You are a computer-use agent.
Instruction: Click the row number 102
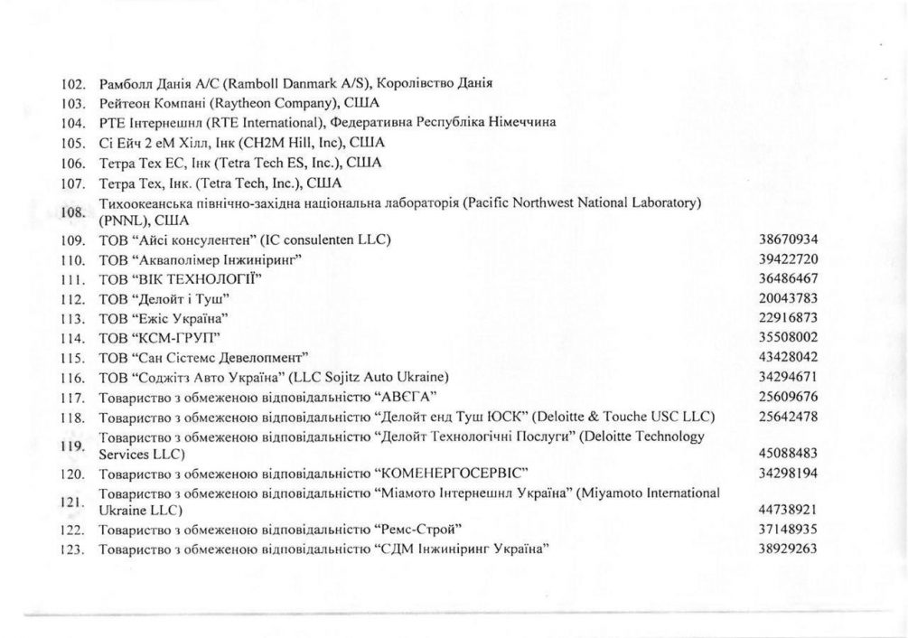coord(71,84)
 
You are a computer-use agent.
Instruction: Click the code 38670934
coord(791,239)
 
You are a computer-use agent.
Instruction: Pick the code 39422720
coord(791,259)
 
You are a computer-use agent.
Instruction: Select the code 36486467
coord(791,278)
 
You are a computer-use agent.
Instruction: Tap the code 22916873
coord(791,317)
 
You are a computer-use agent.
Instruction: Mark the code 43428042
coord(791,356)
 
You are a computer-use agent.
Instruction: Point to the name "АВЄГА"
coord(399,396)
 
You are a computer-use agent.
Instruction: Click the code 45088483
coord(791,454)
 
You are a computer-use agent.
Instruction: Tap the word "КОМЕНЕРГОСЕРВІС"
coord(450,474)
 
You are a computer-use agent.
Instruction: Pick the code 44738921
coord(791,511)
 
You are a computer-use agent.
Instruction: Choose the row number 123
coord(71,549)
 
